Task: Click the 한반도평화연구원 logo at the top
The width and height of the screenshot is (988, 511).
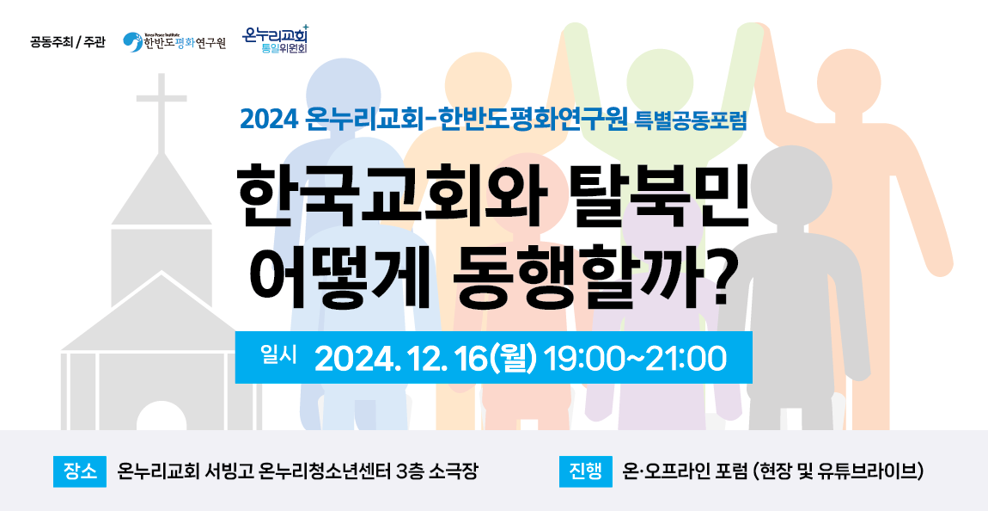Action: [174, 42]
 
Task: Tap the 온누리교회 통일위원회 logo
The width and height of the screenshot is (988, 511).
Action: [277, 39]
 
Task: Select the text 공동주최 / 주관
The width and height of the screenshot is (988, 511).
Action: [68, 44]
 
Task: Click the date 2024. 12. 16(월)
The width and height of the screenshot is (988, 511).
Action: [425, 359]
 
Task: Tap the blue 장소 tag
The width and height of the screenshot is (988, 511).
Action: [80, 471]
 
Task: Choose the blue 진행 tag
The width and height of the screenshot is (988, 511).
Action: [586, 471]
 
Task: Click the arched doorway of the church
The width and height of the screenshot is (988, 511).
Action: [162, 416]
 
